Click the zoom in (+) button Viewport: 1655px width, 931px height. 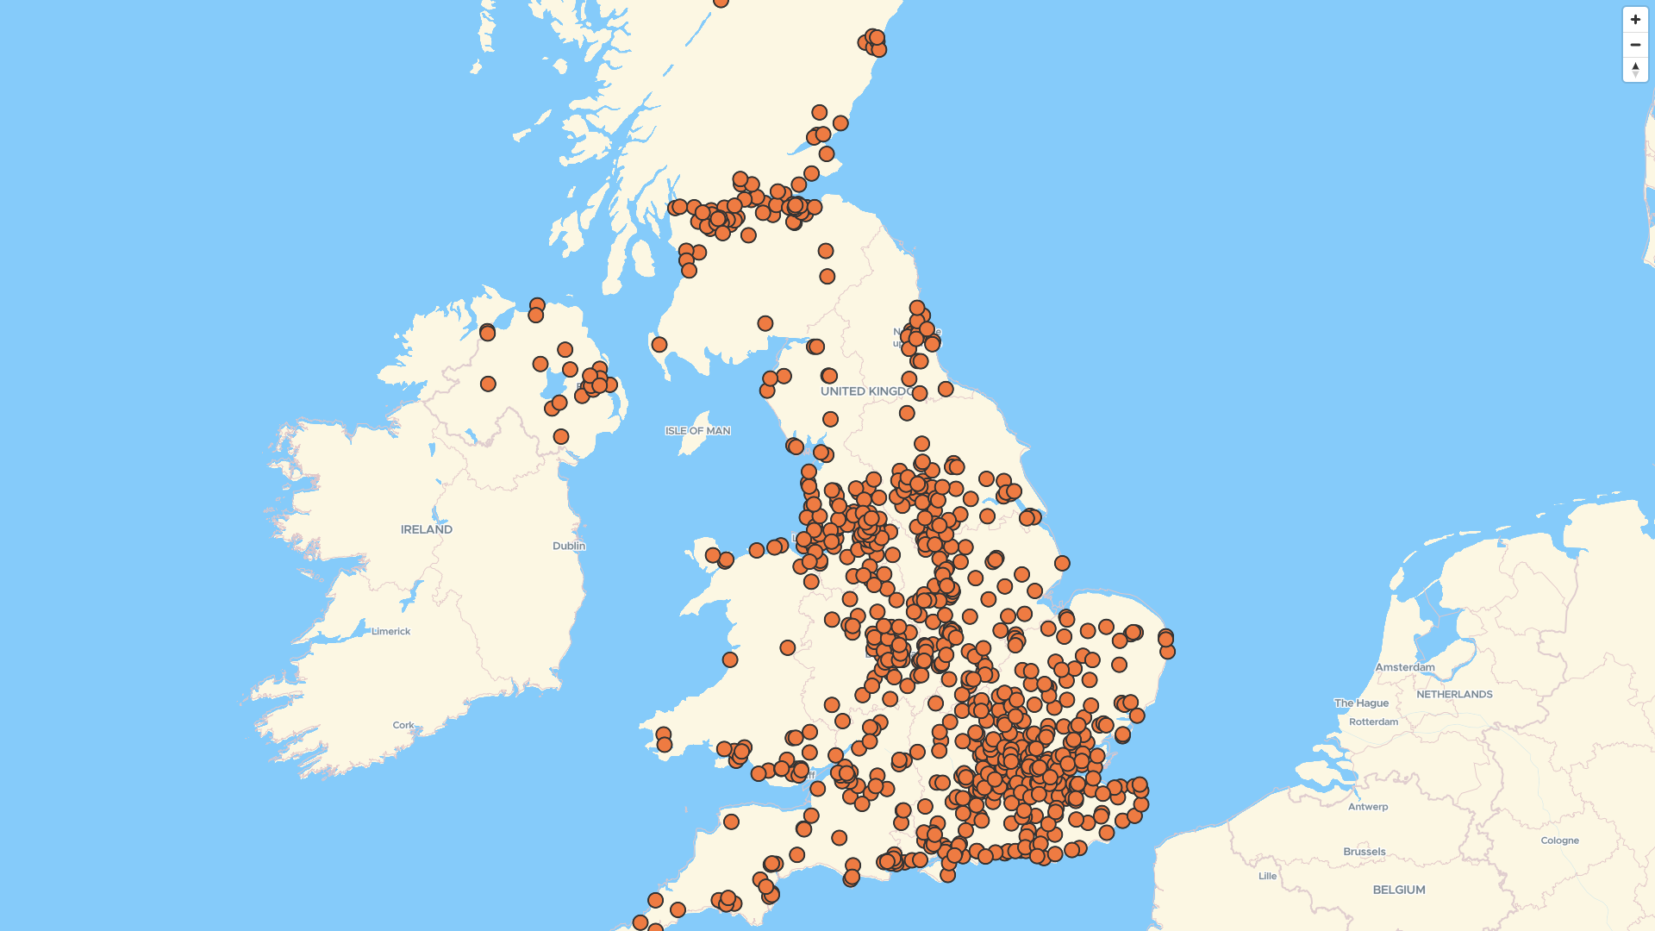[x=1635, y=20]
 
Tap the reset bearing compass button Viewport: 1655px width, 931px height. [x=1635, y=70]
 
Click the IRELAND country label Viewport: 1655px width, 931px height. [x=426, y=529]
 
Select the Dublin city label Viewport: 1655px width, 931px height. [x=568, y=546]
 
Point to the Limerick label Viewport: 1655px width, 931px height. [x=390, y=631]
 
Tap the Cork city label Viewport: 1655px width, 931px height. [x=403, y=725]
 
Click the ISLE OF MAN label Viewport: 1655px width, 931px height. [x=697, y=430]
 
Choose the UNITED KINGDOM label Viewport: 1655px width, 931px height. [x=865, y=391]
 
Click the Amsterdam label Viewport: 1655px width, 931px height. [x=1404, y=667]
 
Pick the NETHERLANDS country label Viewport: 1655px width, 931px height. [x=1453, y=694]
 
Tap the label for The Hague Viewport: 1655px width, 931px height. [x=1361, y=703]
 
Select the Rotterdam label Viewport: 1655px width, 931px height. [x=1373, y=722]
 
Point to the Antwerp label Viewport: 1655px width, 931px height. [x=1367, y=807]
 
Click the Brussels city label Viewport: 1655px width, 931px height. [x=1364, y=852]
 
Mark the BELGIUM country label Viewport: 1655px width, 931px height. [x=1398, y=890]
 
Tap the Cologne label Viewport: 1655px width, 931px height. [x=1559, y=840]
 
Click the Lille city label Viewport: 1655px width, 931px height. [x=1267, y=876]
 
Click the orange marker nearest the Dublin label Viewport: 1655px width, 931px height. [x=561, y=437]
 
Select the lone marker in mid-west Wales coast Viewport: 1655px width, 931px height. [x=730, y=659]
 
